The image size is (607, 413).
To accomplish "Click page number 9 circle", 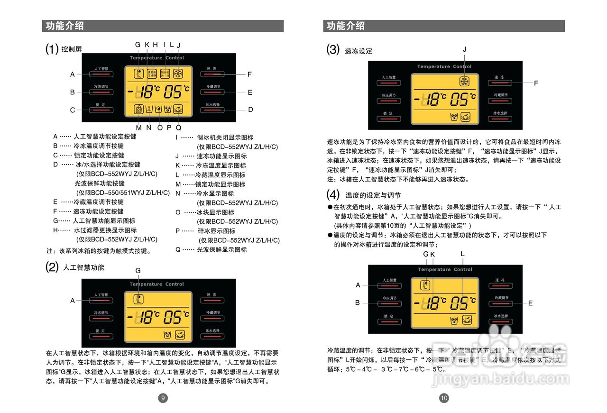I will pyautogui.click(x=163, y=398).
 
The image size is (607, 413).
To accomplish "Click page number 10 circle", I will pyautogui.click(x=444, y=398).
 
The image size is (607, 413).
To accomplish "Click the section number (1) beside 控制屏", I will pyautogui.click(x=52, y=49).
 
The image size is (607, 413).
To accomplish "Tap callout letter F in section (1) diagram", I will pyautogui.click(x=249, y=74).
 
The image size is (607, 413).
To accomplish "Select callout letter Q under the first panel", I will pyautogui.click(x=178, y=128).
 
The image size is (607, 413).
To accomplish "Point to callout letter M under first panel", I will pyautogui.click(x=139, y=128).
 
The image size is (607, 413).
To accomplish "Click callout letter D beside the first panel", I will pyautogui.click(x=250, y=110).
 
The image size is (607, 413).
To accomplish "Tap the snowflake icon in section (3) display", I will pyautogui.click(x=464, y=81).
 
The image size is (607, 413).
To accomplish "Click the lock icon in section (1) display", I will pyautogui.click(x=138, y=109).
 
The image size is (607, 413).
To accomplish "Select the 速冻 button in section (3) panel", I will pyautogui.click(x=499, y=81).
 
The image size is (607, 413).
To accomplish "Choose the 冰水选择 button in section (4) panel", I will pyautogui.click(x=501, y=320).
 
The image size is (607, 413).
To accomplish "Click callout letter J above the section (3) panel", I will pyautogui.click(x=465, y=49).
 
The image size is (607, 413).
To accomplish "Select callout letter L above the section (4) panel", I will pyautogui.click(x=463, y=254).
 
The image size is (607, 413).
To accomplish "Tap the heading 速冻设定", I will pyautogui.click(x=359, y=51).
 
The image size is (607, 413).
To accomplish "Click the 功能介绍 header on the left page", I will pyautogui.click(x=65, y=26).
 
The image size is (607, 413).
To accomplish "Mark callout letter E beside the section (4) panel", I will pyautogui.click(x=530, y=303).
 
